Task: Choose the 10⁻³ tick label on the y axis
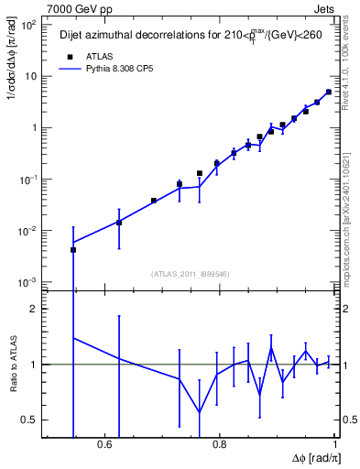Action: click(28, 281)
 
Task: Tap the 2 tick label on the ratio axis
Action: click(32, 309)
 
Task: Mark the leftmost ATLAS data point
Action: click(73, 249)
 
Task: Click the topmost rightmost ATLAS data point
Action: click(329, 92)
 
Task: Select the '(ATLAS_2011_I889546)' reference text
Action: click(191, 273)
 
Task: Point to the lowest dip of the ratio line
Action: click(200, 412)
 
